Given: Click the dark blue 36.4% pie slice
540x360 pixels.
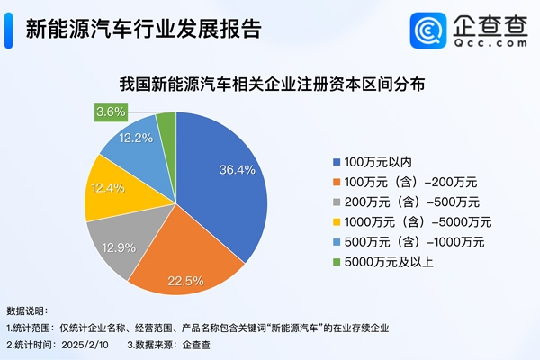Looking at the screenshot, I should click(x=229, y=180).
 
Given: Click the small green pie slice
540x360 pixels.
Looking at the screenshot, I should click(x=166, y=126).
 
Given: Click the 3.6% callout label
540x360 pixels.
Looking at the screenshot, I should click(x=111, y=113).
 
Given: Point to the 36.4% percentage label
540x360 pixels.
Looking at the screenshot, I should click(x=238, y=168).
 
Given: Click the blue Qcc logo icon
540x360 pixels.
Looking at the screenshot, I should click(x=428, y=31).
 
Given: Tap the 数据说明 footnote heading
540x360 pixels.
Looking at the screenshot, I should click(x=29, y=309).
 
